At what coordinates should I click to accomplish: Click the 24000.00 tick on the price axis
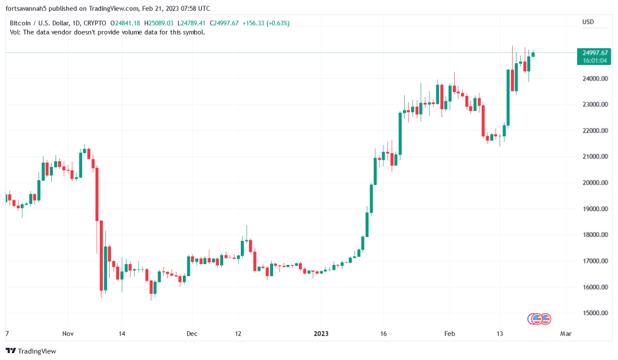point(595,79)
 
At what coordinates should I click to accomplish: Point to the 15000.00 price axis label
point(595,313)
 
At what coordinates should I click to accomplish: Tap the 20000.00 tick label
point(595,183)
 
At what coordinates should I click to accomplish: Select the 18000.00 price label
point(595,235)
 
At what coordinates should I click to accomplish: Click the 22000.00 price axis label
point(595,131)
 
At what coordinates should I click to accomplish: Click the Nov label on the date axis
point(68,334)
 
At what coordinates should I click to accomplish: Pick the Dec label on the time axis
point(192,334)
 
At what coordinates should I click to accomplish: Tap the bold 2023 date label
point(322,334)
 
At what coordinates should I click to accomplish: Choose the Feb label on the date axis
point(449,334)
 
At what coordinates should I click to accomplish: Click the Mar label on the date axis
point(566,334)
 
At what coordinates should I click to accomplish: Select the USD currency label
point(588,22)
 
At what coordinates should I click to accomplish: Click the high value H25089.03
point(161,23)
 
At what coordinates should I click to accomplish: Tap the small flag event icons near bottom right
point(539,319)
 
